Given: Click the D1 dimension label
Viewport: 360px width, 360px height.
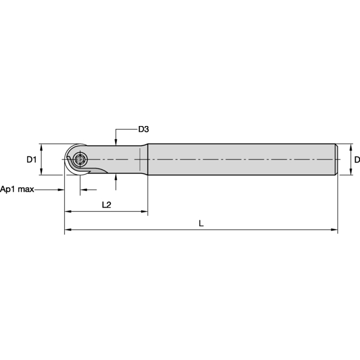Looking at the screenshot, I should click(x=32, y=160).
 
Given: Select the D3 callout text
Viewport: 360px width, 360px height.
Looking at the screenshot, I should click(x=143, y=129).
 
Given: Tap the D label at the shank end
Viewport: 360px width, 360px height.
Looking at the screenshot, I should click(x=356, y=160).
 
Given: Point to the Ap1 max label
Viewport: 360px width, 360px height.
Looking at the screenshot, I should click(x=17, y=189).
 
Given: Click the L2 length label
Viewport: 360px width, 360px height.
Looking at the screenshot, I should click(x=106, y=205).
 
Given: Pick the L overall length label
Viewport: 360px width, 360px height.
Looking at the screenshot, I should click(x=201, y=223).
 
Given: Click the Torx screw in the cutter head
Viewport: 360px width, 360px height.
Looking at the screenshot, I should click(x=81, y=160).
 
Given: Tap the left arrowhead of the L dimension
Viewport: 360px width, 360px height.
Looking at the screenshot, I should click(x=68, y=230).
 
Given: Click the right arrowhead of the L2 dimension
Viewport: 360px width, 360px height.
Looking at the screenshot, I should click(x=144, y=212).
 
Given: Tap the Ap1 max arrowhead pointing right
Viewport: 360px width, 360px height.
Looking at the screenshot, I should click(x=61, y=189).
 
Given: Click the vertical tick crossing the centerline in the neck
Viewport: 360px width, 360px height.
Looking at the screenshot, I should click(x=139, y=160).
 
